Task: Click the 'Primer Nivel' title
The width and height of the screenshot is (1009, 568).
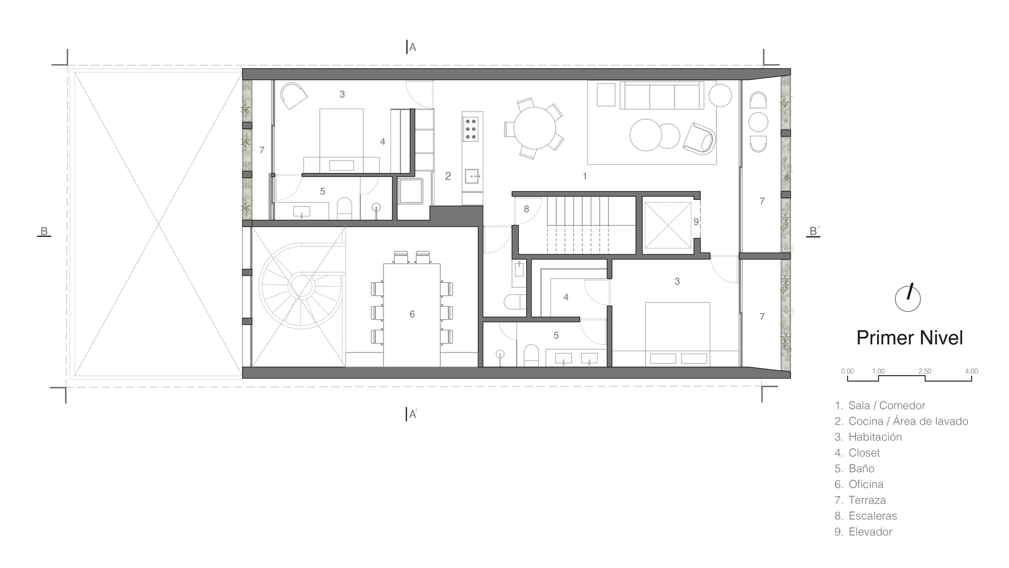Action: click(x=909, y=338)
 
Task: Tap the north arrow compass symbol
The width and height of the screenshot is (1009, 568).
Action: click(x=908, y=298)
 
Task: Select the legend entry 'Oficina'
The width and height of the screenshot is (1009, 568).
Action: click(x=865, y=484)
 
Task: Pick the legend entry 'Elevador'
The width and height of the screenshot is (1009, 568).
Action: click(x=870, y=532)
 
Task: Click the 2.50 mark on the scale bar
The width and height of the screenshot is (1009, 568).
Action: click(x=925, y=372)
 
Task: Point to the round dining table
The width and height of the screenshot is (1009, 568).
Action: click(x=534, y=128)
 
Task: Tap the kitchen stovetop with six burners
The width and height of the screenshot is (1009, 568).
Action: click(x=471, y=128)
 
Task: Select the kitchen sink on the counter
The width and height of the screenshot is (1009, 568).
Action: click(x=472, y=176)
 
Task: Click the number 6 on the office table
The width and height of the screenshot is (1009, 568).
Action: click(x=412, y=314)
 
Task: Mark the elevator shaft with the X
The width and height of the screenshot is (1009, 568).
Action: click(x=667, y=225)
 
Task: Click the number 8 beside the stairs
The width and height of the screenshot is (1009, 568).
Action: click(x=526, y=209)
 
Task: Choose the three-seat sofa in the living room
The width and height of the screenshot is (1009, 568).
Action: click(x=661, y=95)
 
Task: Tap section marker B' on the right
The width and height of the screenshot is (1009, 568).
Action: click(x=814, y=231)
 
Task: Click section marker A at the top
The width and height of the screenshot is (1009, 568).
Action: click(x=412, y=47)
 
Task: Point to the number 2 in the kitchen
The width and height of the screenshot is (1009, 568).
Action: click(x=448, y=176)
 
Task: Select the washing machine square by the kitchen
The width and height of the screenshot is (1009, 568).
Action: click(x=410, y=191)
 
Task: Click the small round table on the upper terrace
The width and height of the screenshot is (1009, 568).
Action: click(x=758, y=122)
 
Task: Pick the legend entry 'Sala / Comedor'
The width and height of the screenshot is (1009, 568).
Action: click(x=886, y=405)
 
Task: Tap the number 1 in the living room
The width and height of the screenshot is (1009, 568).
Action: click(x=585, y=176)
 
